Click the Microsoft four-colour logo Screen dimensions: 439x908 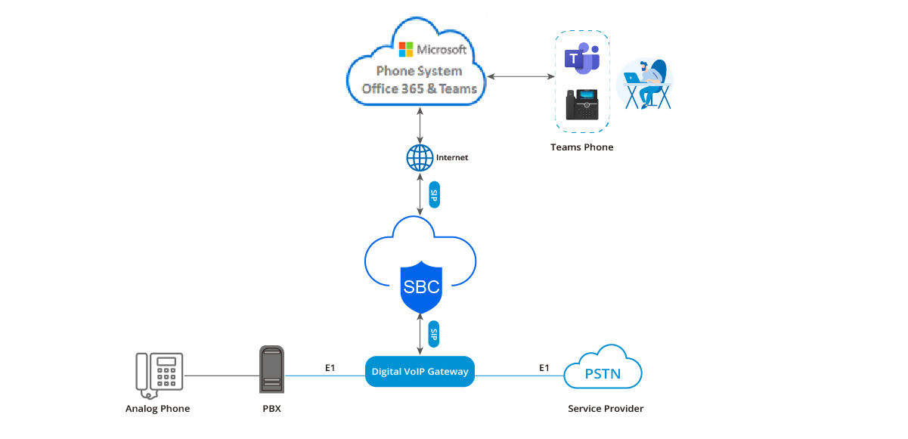405,51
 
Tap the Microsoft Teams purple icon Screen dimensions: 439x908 581,60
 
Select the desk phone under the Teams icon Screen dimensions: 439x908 581,105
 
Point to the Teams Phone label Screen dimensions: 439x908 581,147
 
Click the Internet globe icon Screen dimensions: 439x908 420,157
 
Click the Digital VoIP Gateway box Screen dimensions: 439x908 420,371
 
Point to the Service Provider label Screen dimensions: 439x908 606,409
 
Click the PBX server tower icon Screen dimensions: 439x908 272,369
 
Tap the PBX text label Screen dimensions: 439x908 272,409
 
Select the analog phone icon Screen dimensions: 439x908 159,373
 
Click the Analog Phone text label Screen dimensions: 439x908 157,409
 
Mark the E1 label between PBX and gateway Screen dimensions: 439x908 330,368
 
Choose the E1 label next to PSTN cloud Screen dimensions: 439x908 544,368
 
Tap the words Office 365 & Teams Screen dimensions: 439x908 420,88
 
